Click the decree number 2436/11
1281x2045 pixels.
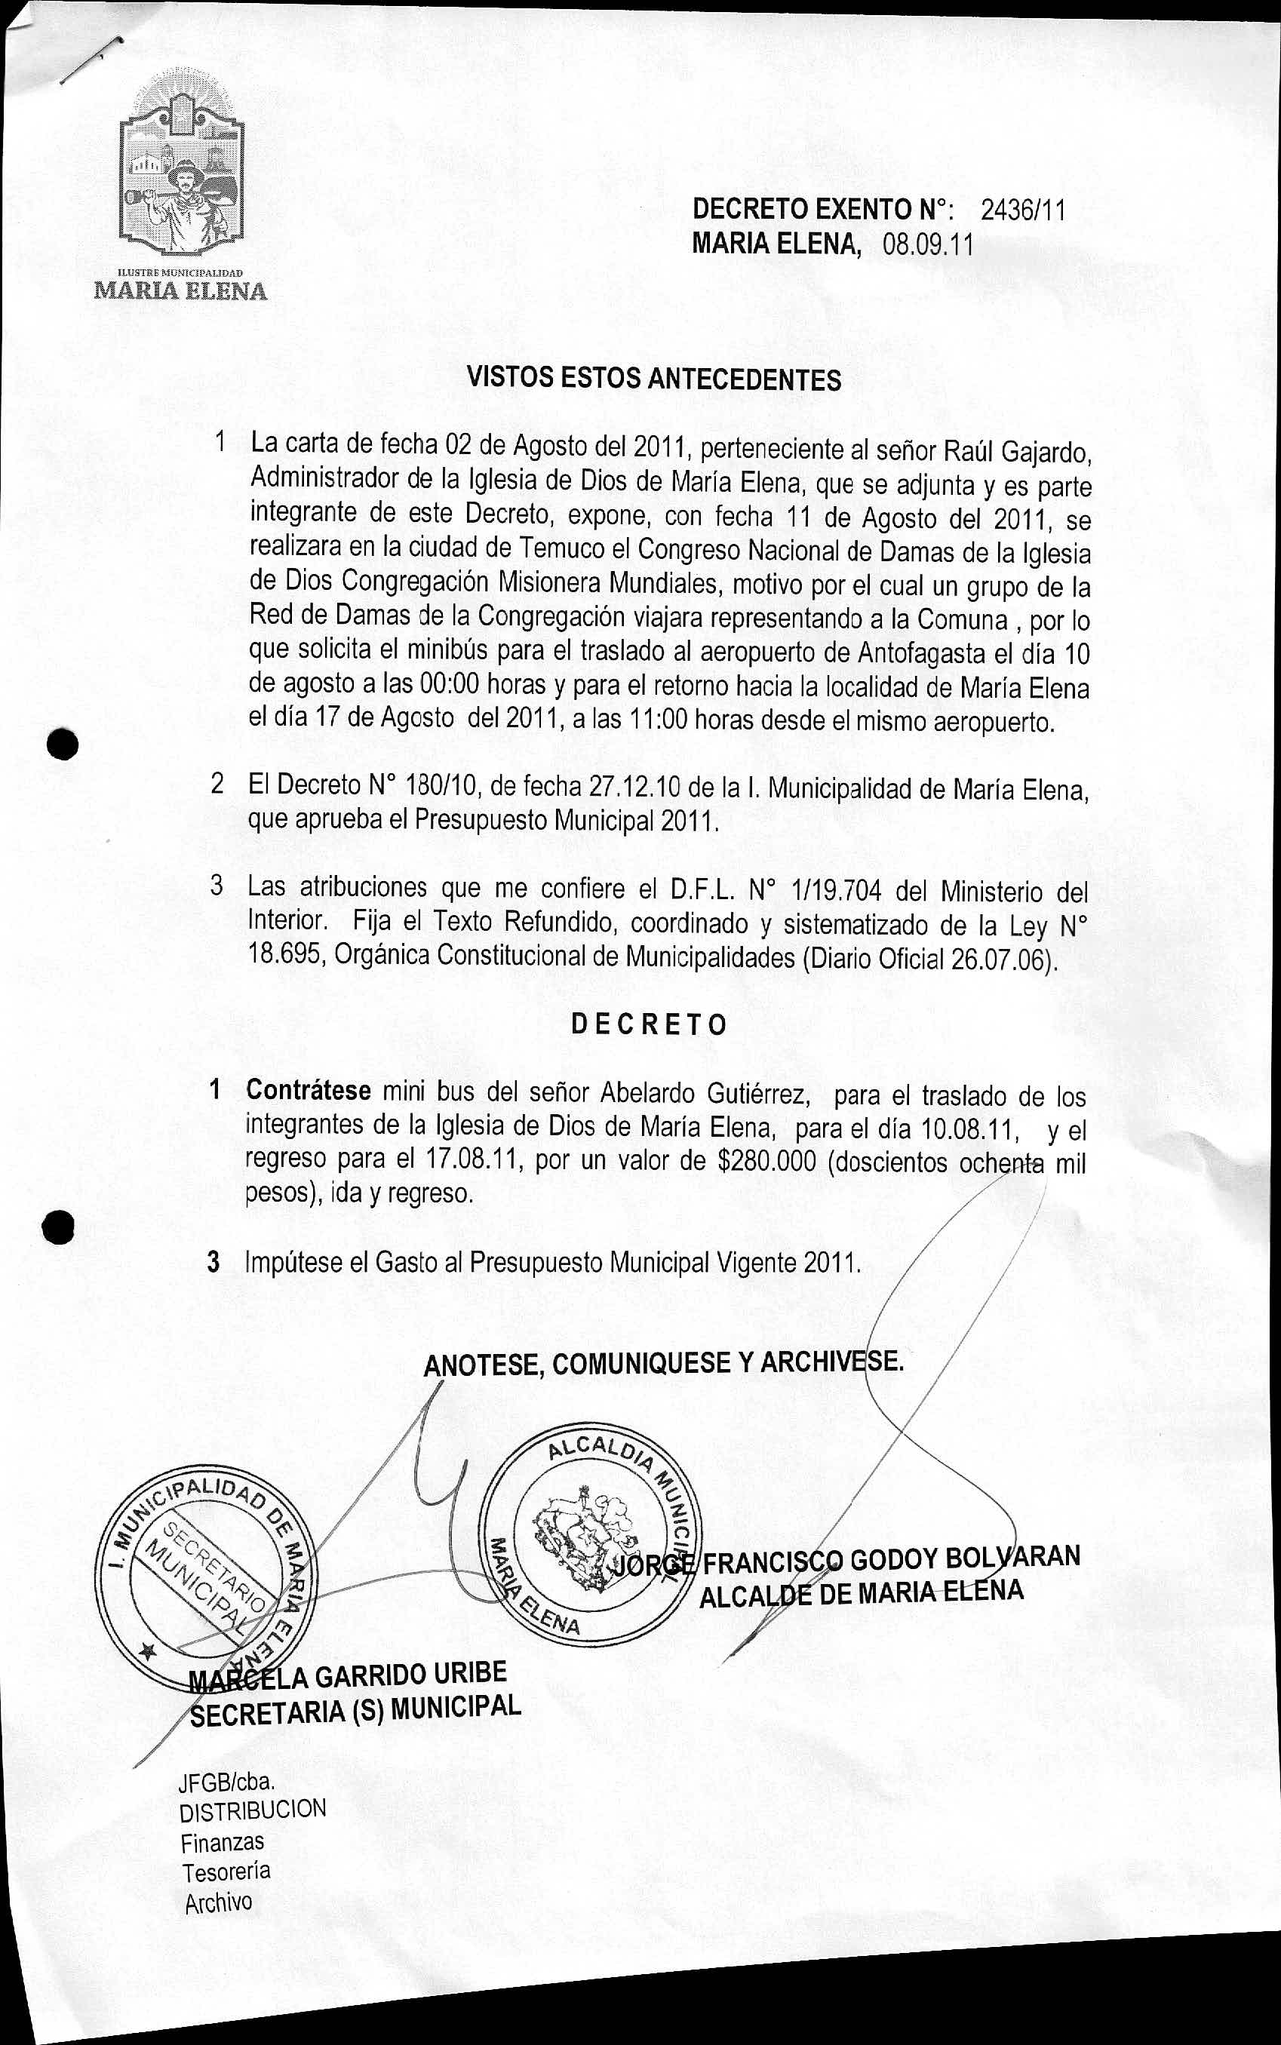click(x=1021, y=209)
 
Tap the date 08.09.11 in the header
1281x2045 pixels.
click(x=928, y=245)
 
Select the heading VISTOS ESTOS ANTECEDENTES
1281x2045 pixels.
click(x=654, y=379)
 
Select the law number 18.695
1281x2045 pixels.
click(x=284, y=954)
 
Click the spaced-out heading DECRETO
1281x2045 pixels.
click(x=649, y=1024)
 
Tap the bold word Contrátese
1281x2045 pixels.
click(x=309, y=1090)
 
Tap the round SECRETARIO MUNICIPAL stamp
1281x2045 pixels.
click(x=204, y=1583)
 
